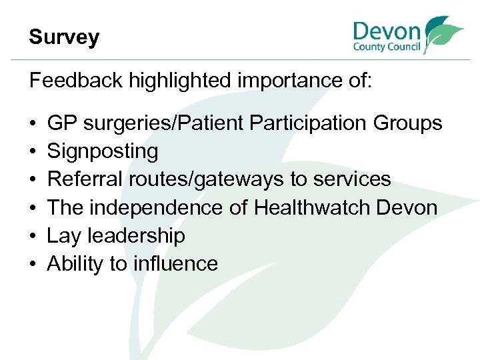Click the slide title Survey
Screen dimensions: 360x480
(x=64, y=37)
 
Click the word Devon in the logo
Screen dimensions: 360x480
(x=387, y=32)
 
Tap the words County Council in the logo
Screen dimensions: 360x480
(x=387, y=48)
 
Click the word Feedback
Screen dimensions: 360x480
(x=77, y=81)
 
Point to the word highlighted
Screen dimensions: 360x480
(x=177, y=81)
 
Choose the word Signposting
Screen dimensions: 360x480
(x=103, y=152)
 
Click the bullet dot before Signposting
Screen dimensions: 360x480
(x=33, y=152)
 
